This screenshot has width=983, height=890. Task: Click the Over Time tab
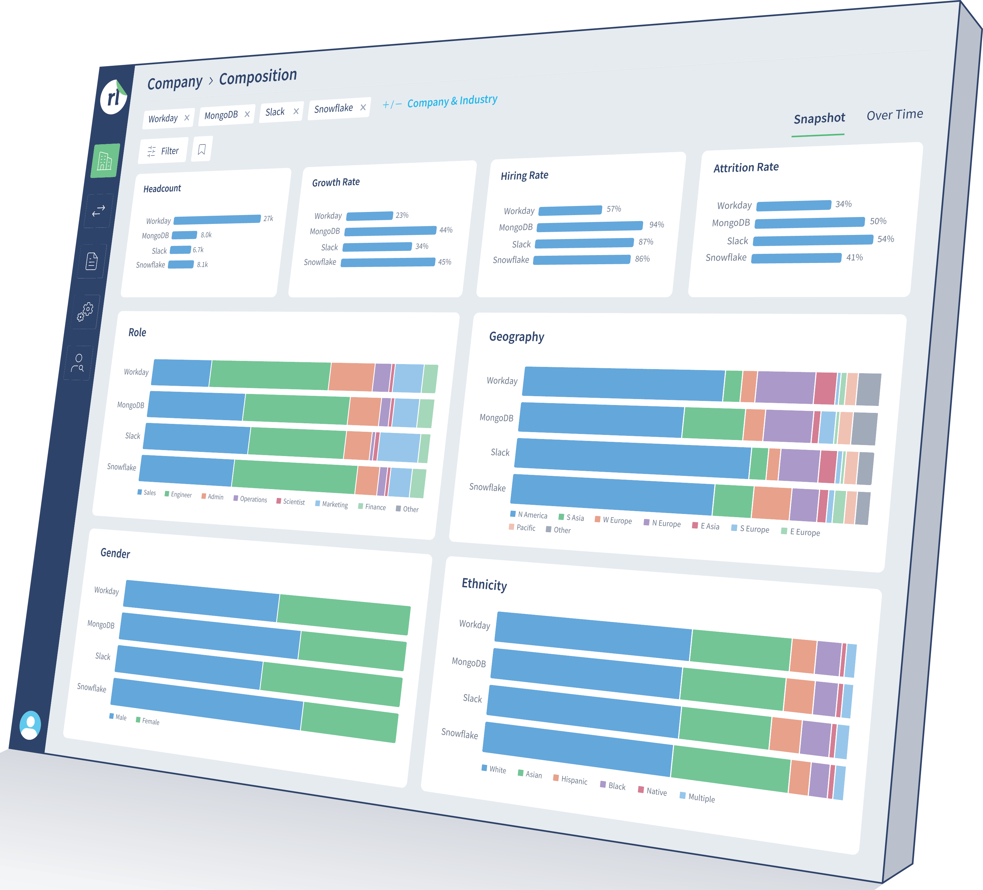(x=895, y=115)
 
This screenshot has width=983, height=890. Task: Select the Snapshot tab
(x=819, y=118)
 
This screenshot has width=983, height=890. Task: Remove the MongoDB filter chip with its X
(x=247, y=114)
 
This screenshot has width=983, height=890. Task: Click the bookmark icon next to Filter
(x=202, y=149)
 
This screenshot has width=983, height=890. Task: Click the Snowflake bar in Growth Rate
(x=388, y=262)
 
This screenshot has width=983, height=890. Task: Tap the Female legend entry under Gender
(x=148, y=721)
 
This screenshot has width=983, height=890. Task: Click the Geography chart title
(x=517, y=337)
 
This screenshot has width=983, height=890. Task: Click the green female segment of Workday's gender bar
(x=344, y=614)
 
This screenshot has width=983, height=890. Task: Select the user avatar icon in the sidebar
(x=30, y=725)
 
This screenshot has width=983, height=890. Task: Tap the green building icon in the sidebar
(x=105, y=160)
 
